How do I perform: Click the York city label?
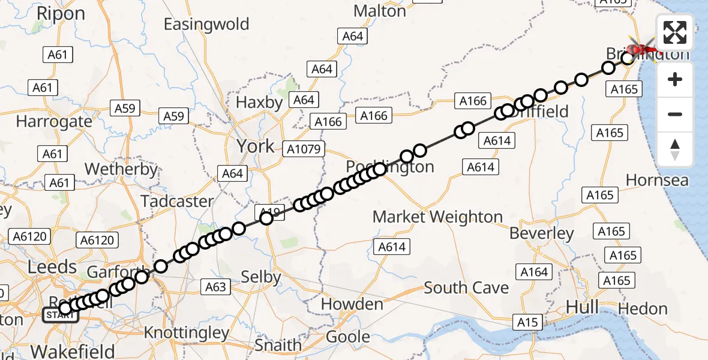pyautogui.click(x=256, y=146)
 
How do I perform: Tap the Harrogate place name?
pyautogui.click(x=54, y=122)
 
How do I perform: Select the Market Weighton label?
pyautogui.click(x=437, y=217)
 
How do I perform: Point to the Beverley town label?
pyautogui.click(x=542, y=233)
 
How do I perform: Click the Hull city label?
pyautogui.click(x=581, y=308)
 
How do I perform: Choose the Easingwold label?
pyautogui.click(x=206, y=25)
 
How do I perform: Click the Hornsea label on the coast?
pyautogui.click(x=657, y=180)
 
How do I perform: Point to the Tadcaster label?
pyautogui.click(x=177, y=201)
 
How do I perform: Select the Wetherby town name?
pyautogui.click(x=121, y=169)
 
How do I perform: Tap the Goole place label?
pyautogui.click(x=348, y=337)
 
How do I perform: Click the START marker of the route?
pyautogui.click(x=59, y=315)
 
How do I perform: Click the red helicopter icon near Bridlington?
pyautogui.click(x=641, y=48)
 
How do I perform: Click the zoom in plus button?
pyautogui.click(x=675, y=79)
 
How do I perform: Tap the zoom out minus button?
pyautogui.click(x=675, y=114)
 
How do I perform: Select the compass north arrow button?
pyautogui.click(x=675, y=149)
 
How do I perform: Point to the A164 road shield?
pyautogui.click(x=534, y=272)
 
